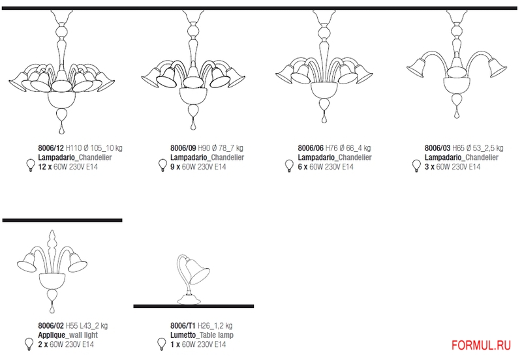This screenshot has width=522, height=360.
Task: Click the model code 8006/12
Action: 51,148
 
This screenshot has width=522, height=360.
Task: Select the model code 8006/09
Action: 183,148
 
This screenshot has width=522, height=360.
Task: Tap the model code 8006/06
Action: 311,148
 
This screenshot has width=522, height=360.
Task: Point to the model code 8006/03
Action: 437,148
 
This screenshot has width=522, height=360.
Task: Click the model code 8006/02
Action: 51,325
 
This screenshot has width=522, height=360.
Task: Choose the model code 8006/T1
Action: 183,325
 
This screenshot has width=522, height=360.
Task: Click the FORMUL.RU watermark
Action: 481,346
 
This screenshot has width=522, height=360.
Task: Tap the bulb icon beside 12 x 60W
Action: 31,166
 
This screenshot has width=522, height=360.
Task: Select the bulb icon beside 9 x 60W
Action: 162,166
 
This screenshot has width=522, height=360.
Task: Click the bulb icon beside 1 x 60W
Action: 162,344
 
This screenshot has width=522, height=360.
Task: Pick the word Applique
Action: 52,335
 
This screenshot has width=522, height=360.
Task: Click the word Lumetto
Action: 183,335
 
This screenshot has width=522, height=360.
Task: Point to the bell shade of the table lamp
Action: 198,271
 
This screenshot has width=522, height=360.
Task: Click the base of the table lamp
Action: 189,299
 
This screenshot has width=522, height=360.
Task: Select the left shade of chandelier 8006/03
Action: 416,68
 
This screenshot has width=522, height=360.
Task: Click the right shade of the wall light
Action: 78,263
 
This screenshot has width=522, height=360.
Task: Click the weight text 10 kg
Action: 114,148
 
